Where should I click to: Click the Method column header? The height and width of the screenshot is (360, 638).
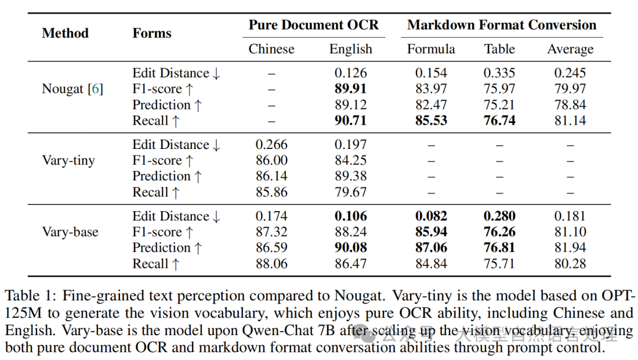point(65,33)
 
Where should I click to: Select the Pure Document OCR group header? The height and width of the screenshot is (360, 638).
point(313,25)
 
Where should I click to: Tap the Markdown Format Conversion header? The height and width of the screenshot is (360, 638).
point(502,25)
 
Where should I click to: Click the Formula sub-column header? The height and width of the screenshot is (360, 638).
point(431,49)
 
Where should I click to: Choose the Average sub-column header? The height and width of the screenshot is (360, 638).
point(570,49)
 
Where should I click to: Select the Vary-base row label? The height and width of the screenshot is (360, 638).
point(70,232)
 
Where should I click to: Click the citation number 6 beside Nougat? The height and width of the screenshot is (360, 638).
point(95,89)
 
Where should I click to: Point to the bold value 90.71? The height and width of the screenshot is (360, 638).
point(350,121)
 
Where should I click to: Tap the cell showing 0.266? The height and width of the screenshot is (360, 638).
point(272,145)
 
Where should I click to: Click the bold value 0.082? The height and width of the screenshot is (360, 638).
point(431,216)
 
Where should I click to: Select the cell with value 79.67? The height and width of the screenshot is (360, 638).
point(350,192)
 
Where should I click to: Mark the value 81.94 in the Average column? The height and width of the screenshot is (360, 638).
point(570,248)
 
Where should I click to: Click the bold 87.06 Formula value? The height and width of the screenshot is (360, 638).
point(431,248)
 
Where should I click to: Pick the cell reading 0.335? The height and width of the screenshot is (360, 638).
point(499,73)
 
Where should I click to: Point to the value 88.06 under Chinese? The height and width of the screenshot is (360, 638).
point(272,264)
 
